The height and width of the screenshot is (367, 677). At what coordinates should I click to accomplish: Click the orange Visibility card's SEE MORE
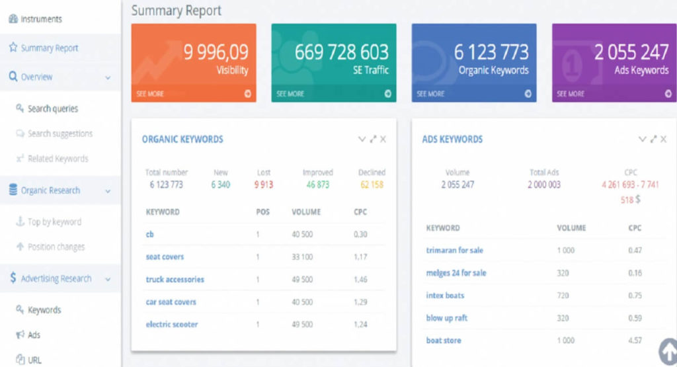click(150, 94)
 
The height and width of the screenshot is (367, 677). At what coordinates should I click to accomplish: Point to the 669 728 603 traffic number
click(342, 52)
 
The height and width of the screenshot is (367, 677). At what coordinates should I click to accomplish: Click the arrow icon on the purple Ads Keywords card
click(668, 94)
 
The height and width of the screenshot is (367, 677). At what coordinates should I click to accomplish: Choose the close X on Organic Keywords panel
click(383, 139)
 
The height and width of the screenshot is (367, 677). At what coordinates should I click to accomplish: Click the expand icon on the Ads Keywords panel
click(653, 139)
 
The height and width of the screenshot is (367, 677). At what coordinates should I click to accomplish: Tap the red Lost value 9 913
click(263, 184)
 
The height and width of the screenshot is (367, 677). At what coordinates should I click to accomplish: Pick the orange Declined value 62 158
click(372, 184)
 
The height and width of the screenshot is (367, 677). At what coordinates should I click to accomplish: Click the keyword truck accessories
click(175, 279)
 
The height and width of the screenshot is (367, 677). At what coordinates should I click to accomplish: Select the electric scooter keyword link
click(172, 324)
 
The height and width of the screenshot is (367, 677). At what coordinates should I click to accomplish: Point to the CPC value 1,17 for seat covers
click(360, 257)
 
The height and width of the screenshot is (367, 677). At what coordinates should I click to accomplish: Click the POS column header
click(262, 212)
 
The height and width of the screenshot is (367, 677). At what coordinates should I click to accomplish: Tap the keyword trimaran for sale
click(455, 251)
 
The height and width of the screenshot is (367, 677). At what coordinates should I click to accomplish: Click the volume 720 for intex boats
click(563, 296)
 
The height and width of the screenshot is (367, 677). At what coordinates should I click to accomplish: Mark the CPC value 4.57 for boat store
click(635, 341)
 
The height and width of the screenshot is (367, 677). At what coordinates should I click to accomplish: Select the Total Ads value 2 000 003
click(544, 184)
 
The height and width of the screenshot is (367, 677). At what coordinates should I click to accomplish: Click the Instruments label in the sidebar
click(41, 19)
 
